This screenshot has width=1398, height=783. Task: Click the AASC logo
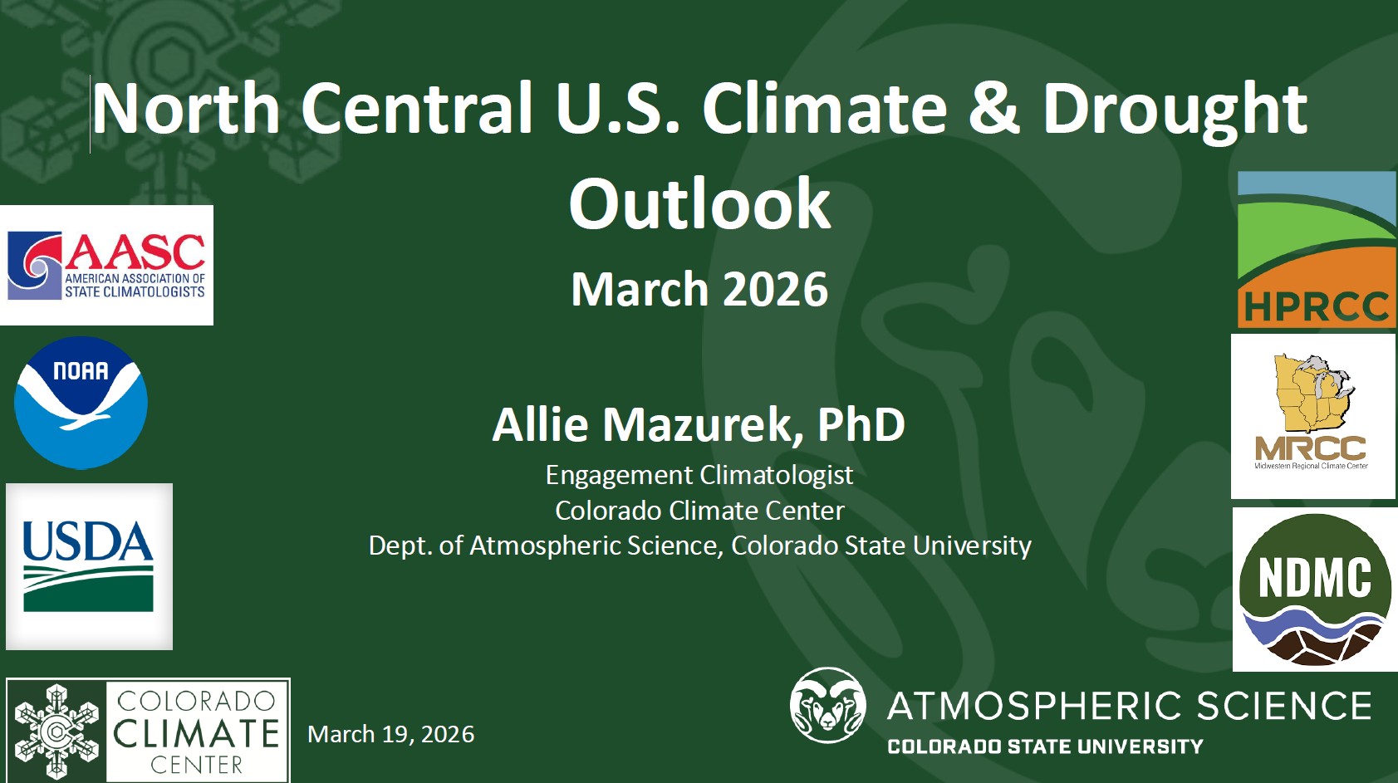[106, 265]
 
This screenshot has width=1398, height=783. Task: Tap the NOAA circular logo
[81, 403]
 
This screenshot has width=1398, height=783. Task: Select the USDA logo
[89, 565]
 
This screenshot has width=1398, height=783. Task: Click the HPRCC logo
[1316, 249]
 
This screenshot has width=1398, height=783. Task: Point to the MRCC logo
[1312, 415]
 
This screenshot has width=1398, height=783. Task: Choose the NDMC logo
[1314, 589]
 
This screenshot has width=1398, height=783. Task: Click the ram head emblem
[827, 705]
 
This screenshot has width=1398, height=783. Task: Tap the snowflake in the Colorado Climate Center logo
[56, 732]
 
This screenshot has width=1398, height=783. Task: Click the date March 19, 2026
[390, 734]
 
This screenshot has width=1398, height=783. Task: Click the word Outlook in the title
[699, 204]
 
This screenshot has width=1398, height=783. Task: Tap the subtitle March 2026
[699, 289]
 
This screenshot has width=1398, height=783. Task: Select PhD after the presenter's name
[861, 425]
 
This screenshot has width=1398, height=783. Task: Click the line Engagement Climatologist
[699, 475]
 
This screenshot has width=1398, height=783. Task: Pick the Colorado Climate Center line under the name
[699, 510]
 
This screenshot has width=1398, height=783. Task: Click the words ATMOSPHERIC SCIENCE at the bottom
[1129, 707]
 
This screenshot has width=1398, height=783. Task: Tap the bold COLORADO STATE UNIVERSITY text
[1045, 746]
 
